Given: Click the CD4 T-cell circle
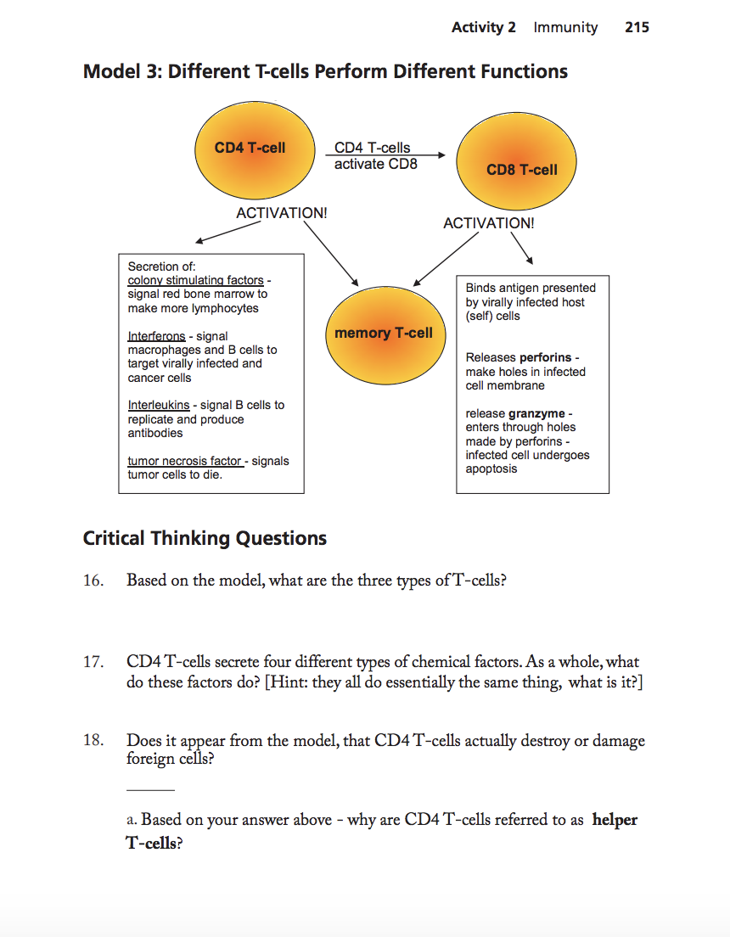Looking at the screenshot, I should click(x=250, y=149).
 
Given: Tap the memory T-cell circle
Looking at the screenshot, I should click(x=384, y=333).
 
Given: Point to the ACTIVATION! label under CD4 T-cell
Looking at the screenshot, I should click(x=281, y=213).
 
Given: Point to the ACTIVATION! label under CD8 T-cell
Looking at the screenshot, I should click(x=489, y=223).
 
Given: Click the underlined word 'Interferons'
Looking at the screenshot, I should click(x=156, y=336).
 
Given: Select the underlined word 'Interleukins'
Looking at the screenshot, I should click(x=159, y=405).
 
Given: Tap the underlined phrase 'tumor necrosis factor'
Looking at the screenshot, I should click(x=184, y=461).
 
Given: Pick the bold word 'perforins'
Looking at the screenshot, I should click(x=545, y=357).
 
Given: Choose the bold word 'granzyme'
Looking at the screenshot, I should click(x=536, y=413).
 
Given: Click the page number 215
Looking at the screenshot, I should click(x=637, y=27).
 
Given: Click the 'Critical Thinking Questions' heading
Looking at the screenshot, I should click(x=205, y=538).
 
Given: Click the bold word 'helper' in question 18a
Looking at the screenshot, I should click(x=615, y=820).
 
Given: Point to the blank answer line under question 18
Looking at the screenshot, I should click(x=150, y=790).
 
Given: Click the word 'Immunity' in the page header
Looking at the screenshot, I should click(x=565, y=27).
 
